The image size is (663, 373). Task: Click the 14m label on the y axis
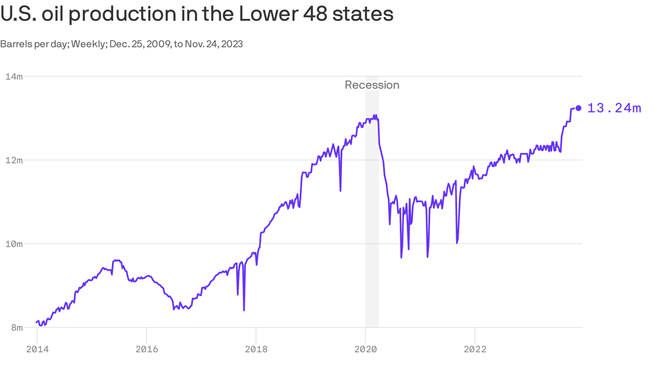coord(14,76)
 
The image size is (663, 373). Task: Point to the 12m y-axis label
coord(14,160)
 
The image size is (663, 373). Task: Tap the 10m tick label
coord(14,244)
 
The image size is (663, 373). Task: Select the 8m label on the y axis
coord(17,327)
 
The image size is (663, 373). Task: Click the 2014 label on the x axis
coord(37,349)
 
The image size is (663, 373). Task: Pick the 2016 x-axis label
coord(147,349)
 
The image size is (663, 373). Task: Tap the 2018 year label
coord(256,349)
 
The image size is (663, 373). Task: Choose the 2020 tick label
coord(365,349)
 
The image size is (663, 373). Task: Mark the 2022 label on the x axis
coord(475,349)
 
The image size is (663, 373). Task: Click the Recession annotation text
coord(372,85)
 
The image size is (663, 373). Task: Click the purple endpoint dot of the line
coord(578,108)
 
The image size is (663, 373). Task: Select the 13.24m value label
coord(614,108)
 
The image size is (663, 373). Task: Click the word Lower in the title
coord(267,14)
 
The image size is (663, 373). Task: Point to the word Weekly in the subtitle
coord(88,44)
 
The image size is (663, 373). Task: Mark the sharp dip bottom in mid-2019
coord(340,191)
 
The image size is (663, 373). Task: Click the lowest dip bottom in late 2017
coord(244,310)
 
